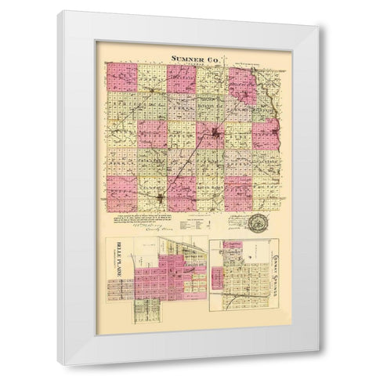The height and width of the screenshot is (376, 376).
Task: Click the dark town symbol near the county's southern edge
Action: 161,199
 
